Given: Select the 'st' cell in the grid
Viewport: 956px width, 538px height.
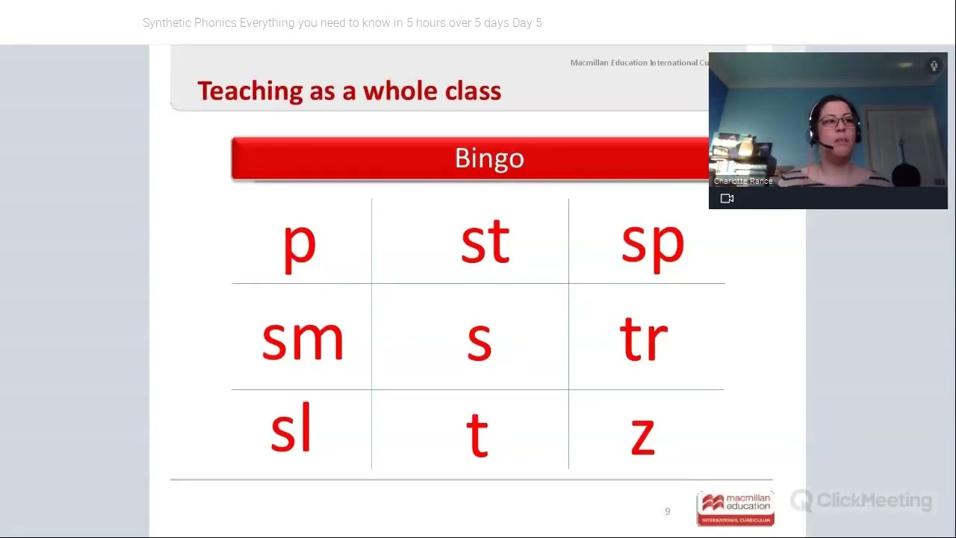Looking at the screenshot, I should click(485, 243).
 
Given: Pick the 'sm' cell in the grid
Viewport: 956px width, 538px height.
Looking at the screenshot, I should click(302, 340).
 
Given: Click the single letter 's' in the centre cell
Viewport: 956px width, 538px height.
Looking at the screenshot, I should click(479, 341).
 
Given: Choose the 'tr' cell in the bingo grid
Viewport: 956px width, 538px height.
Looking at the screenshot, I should click(644, 340).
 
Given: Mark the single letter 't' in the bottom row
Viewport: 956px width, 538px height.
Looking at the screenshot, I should click(477, 434).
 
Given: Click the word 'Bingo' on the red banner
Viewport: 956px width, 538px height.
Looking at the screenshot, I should click(489, 158).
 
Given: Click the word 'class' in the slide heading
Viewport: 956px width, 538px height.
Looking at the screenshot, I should click(473, 91).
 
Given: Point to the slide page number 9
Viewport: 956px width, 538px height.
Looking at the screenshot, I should click(668, 512).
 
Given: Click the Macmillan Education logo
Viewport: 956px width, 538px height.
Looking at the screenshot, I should click(736, 508).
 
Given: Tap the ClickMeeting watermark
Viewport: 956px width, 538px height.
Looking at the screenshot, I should click(862, 501).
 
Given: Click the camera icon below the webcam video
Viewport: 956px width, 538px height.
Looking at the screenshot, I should click(727, 199).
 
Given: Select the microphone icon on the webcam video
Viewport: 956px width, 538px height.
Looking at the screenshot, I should click(934, 66).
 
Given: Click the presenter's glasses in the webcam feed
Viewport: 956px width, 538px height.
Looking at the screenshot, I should click(836, 121).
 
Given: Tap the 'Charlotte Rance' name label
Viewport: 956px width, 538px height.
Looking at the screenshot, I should click(743, 182).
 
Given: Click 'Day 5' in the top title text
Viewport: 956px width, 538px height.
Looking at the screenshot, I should click(527, 23).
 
